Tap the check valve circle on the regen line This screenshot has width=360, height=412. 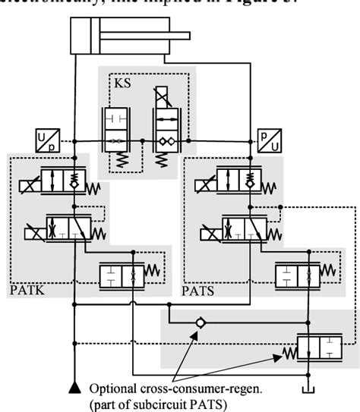199,322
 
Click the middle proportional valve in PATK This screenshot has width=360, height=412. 69,228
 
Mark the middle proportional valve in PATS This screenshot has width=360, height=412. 244,228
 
